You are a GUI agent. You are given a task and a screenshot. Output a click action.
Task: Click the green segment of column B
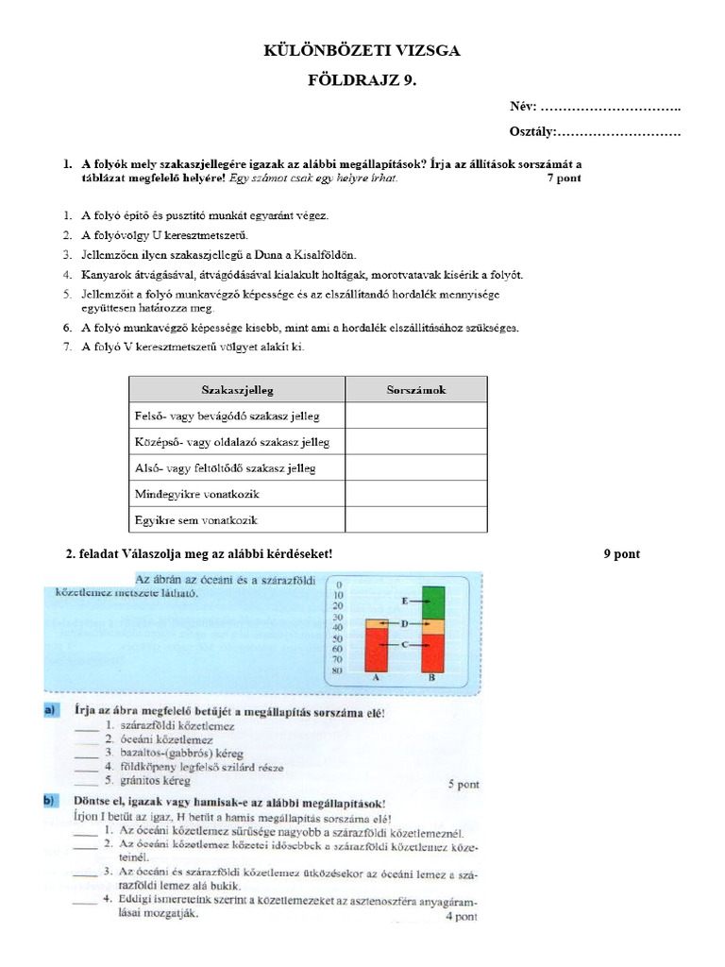coord(433,602)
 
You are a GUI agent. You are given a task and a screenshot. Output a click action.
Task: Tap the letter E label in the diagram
coord(404,601)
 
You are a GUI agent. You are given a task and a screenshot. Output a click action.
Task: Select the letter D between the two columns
coord(404,624)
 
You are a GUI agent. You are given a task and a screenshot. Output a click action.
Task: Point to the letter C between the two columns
coord(404,644)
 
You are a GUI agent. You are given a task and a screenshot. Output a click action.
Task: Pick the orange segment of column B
coord(433,626)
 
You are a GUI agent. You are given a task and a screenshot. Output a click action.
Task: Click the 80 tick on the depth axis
coord(339,670)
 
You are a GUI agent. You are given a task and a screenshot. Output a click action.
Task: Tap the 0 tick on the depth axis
coord(339,585)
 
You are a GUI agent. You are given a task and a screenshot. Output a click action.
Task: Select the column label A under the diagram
coord(377,678)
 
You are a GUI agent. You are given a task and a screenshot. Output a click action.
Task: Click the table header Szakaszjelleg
coord(237,389)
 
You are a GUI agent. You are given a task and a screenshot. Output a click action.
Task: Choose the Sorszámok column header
coord(416,389)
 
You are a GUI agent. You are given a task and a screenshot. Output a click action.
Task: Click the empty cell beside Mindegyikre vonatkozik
coord(416,494)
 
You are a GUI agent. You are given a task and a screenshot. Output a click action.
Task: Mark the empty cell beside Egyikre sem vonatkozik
coord(416,519)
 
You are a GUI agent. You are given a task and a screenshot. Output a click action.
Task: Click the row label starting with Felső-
coord(228,416)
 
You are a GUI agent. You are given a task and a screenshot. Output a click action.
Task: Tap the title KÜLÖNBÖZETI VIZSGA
coord(362,51)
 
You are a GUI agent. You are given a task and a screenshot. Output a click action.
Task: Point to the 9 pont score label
coord(621,554)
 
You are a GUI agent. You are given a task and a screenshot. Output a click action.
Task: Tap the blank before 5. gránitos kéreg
coord(87,781)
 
